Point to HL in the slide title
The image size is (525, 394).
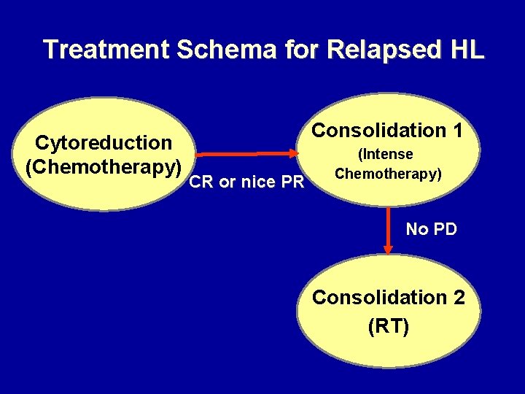(467, 50)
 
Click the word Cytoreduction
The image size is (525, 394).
(104, 142)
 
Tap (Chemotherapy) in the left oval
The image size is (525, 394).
(104, 166)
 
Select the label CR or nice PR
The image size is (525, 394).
(246, 182)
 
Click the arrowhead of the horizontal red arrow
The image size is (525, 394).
(295, 153)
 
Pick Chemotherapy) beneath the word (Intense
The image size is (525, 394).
(388, 174)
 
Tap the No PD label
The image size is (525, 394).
(431, 229)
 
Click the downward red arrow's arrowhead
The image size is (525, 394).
(388, 250)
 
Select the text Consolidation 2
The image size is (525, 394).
(389, 298)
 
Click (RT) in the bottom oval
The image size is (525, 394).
(389, 326)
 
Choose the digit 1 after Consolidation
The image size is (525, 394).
(457, 131)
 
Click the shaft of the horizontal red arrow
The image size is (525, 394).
(241, 154)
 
